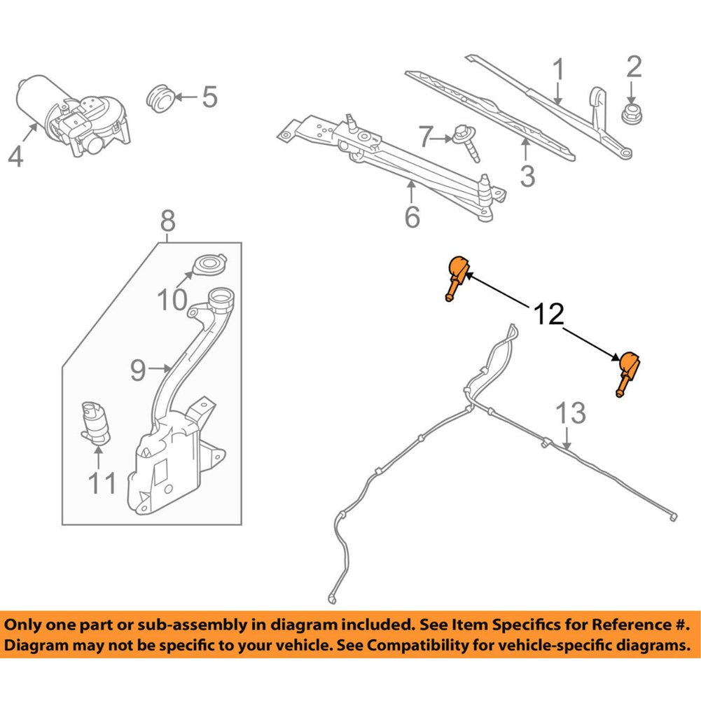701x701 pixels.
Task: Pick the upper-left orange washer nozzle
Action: [x=457, y=275]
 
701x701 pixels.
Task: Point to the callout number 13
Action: [x=571, y=413]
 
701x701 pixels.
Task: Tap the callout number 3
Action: [x=527, y=174]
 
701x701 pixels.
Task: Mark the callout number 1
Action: [x=558, y=70]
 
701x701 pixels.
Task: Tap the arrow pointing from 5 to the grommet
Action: [x=184, y=97]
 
